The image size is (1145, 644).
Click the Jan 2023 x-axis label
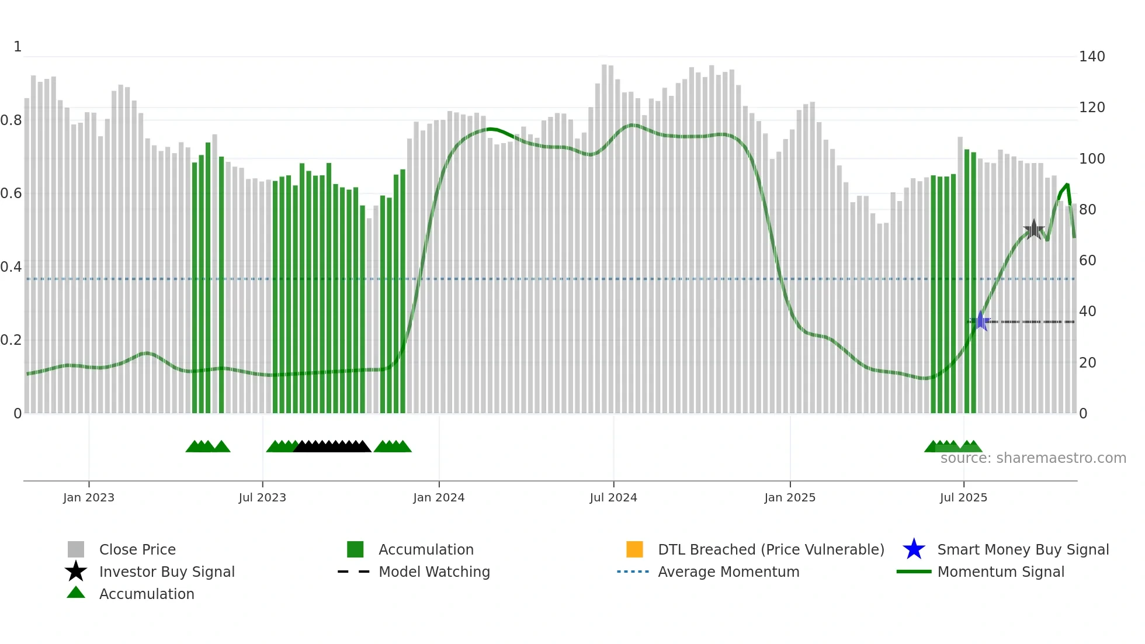click(89, 497)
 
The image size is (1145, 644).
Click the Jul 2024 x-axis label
click(613, 497)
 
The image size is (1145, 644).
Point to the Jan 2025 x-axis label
click(790, 497)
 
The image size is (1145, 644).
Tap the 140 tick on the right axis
click(1092, 57)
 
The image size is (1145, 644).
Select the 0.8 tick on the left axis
click(11, 120)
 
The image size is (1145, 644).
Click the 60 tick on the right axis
click(1087, 261)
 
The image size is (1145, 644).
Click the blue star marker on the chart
click(981, 321)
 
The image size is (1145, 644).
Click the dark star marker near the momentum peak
click(1034, 229)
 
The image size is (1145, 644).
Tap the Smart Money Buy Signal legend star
click(914, 549)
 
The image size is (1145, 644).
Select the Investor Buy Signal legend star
click(76, 572)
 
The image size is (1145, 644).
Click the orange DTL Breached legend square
click(634, 549)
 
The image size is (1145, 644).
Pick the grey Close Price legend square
click(76, 549)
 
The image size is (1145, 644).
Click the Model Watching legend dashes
click(354, 572)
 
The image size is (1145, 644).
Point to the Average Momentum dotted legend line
click(633, 572)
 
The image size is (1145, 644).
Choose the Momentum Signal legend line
click(914, 572)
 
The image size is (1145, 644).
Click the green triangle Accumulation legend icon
click(76, 593)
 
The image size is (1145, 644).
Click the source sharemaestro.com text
click(1033, 458)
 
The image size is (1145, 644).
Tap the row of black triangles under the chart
click(332, 446)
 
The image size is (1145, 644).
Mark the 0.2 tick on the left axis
click(11, 340)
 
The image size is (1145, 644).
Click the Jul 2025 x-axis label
click(963, 497)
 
